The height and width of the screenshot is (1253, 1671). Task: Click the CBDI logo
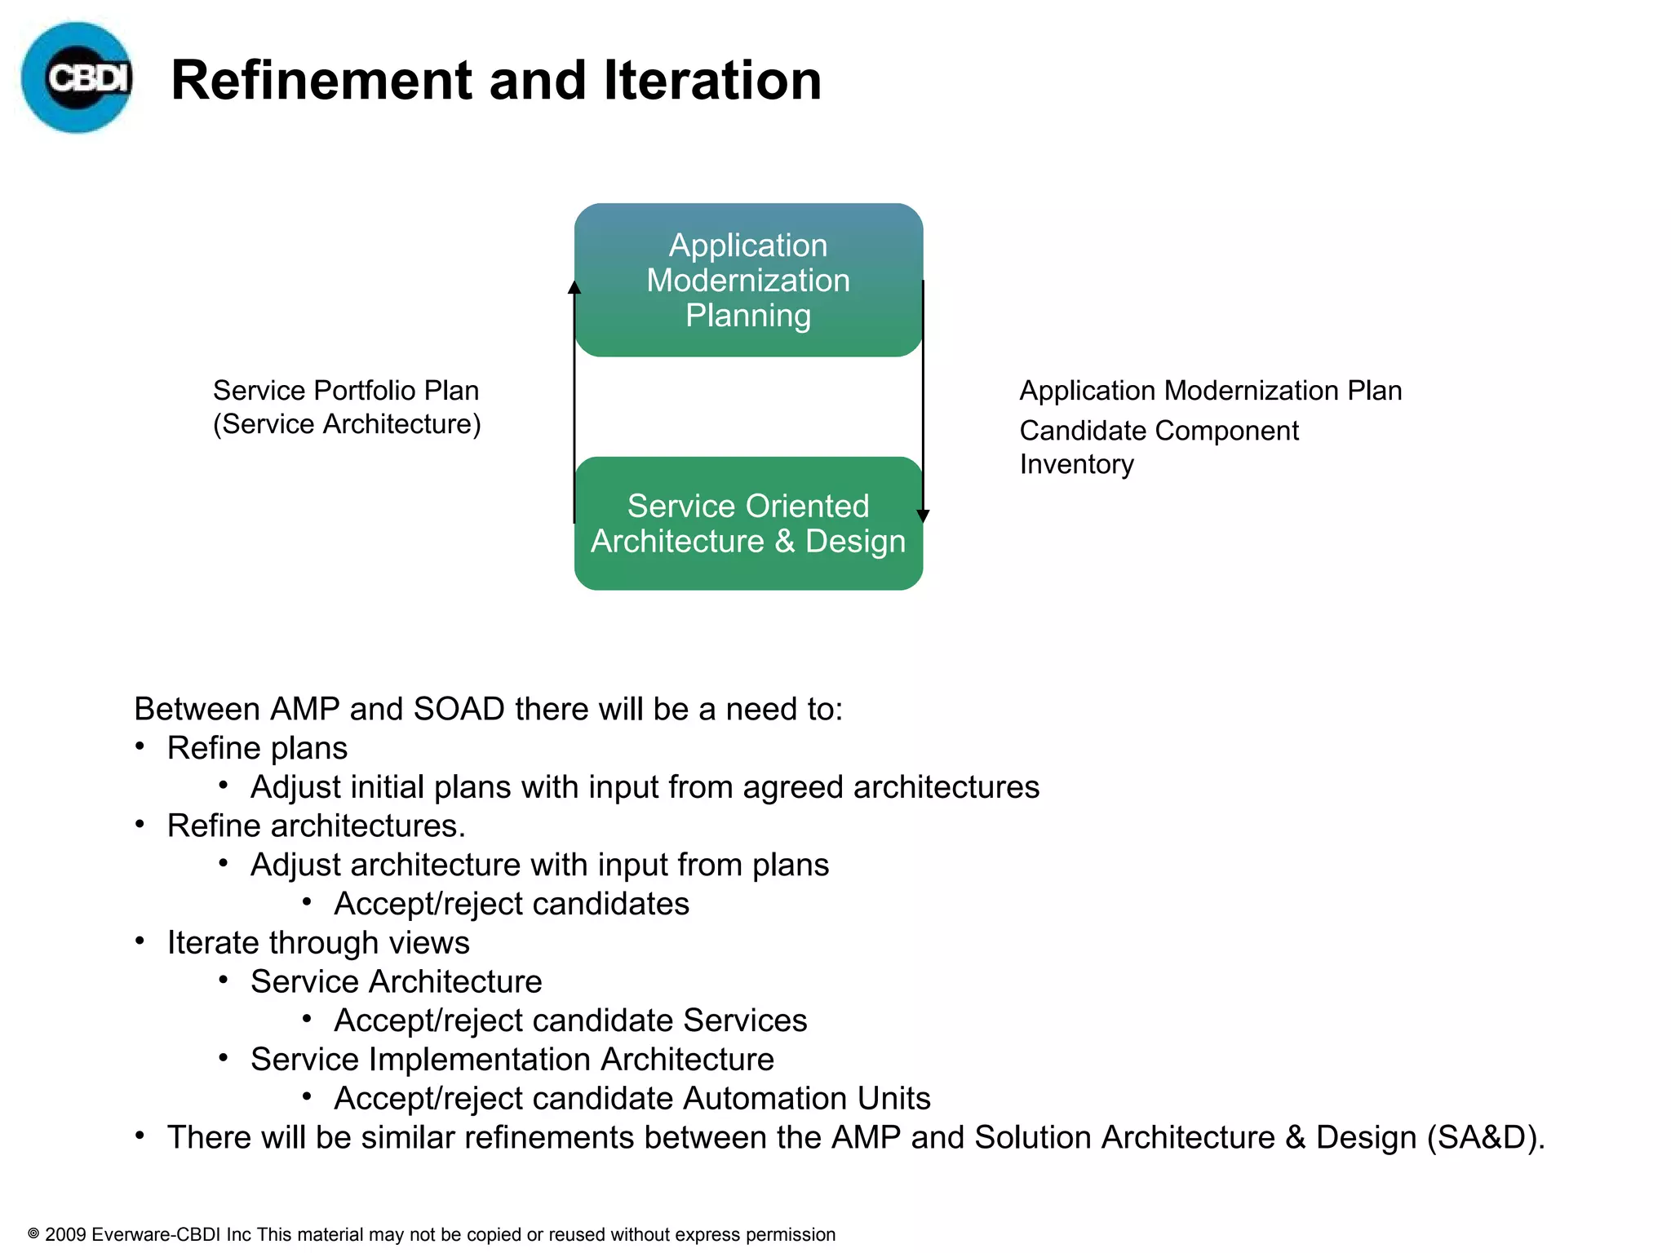(x=77, y=77)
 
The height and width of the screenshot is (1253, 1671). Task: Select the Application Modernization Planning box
(x=748, y=280)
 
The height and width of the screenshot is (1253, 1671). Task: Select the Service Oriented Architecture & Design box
(x=748, y=524)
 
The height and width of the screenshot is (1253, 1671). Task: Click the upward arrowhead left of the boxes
(x=574, y=287)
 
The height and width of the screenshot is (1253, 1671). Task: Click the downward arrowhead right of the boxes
(x=923, y=516)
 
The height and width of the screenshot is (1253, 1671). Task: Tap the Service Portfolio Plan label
(x=346, y=391)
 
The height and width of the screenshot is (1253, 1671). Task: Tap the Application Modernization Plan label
(x=1210, y=391)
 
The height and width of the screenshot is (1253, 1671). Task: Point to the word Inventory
(x=1076, y=464)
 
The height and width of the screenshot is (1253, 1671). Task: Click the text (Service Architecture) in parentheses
(x=347, y=424)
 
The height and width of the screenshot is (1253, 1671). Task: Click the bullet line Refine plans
(x=257, y=748)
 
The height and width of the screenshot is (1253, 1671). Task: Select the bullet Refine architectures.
(x=316, y=826)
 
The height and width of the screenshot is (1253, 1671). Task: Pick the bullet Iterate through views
(x=318, y=942)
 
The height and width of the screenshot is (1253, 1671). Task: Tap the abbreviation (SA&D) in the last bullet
(x=1485, y=1137)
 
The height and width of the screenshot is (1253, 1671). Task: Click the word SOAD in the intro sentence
(x=459, y=709)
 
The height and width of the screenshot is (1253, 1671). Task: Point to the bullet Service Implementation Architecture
(x=512, y=1059)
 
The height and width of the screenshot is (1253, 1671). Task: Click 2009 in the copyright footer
(x=65, y=1234)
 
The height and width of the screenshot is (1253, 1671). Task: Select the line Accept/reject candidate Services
(x=570, y=1021)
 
